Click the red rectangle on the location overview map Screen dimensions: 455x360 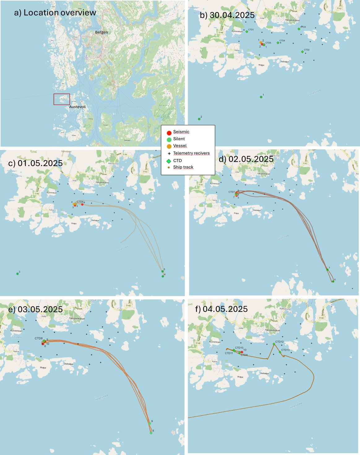62,99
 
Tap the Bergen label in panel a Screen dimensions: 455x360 102,32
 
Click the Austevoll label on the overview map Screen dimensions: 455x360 77,107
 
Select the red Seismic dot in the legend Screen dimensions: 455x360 169,133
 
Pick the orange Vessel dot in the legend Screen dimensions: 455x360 169,146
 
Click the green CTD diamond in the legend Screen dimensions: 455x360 169,161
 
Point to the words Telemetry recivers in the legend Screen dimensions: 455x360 191,153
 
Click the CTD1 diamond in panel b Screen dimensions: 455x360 247,32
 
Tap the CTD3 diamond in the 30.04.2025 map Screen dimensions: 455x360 299,29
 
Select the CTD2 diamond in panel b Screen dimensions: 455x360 302,52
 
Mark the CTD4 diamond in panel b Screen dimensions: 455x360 278,43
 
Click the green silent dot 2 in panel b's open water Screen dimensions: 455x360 199,119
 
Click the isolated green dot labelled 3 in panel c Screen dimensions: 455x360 18,274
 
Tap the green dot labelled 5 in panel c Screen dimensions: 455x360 163,271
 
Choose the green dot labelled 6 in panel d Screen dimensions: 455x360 333,281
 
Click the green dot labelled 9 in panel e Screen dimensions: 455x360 150,423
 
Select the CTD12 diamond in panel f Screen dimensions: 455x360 274,344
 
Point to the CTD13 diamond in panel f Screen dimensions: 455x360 280,352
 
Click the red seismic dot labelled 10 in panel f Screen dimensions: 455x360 242,352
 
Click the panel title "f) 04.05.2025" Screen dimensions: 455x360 221,309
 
